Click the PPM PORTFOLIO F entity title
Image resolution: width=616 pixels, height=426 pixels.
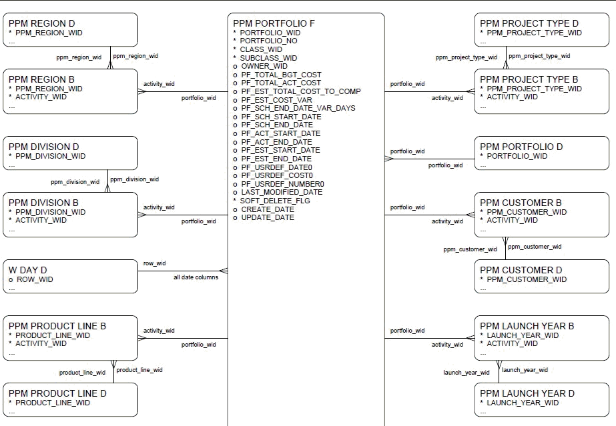(274, 23)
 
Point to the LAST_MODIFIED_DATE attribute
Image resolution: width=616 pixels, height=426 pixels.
(281, 192)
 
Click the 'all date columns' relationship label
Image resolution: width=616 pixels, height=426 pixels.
(196, 277)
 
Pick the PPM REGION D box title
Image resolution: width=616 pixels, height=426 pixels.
(41, 23)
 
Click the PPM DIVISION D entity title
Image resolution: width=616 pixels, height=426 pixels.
(44, 147)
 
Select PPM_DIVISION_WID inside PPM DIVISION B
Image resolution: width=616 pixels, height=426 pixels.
(51, 212)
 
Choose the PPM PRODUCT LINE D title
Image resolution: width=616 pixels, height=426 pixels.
(57, 393)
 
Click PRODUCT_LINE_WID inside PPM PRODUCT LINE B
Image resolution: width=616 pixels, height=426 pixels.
(53, 335)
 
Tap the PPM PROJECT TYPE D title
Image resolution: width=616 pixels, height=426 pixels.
(529, 23)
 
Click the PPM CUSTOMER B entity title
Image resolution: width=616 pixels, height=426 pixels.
(521, 203)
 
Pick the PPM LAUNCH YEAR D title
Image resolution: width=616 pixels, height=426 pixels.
(527, 393)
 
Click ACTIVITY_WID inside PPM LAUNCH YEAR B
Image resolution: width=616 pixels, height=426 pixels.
(512, 343)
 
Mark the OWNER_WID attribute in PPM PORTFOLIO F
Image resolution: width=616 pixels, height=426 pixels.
(264, 66)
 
